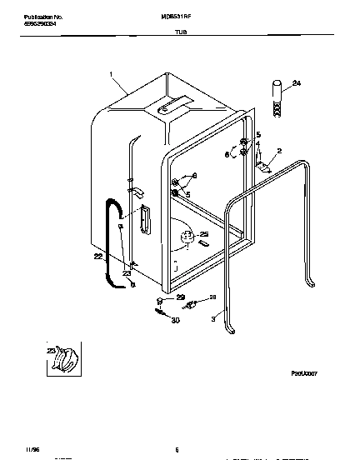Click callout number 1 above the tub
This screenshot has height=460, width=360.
click(x=111, y=74)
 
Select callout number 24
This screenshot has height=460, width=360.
click(x=297, y=82)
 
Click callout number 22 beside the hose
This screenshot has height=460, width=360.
click(x=98, y=257)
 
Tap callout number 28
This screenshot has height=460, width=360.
click(x=212, y=297)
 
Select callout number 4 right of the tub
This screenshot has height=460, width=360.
click(x=257, y=143)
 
